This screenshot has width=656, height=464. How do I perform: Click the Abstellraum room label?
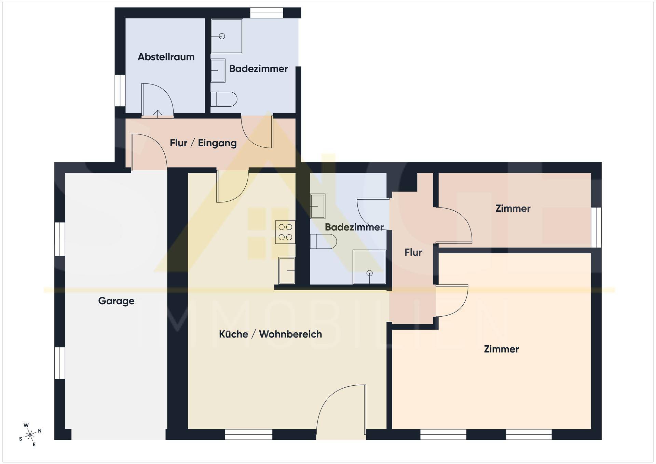pos(166,57)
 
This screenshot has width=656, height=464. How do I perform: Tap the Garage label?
pos(116,301)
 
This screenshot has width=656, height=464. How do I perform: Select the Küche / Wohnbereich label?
pos(270,334)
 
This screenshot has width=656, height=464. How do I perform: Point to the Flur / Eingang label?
pos(203,143)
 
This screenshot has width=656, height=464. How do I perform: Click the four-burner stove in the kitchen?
pos(285,232)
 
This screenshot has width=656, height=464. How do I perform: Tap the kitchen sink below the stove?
pos(287,270)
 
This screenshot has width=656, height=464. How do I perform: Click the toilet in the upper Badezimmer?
pos(224,99)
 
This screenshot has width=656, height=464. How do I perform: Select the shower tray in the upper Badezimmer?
pos(227,36)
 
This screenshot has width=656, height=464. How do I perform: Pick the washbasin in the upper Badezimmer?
pos(218,70)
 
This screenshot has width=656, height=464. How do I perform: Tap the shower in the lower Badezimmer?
pos(370,267)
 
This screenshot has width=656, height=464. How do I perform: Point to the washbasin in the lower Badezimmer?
pos(318,206)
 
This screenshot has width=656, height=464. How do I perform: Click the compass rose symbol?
pos(30,435)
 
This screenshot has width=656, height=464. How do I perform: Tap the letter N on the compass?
pos(40,431)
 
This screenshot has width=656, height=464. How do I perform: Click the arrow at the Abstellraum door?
pos(158,114)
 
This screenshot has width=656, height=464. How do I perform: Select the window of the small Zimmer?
pos(596,227)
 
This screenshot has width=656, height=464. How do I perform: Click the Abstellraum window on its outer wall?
pos(120,91)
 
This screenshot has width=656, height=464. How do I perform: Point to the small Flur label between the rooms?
pos(413,252)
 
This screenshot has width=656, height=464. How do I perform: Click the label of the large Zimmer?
pos(501,349)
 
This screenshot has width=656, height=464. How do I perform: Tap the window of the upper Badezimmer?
pos(266,13)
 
